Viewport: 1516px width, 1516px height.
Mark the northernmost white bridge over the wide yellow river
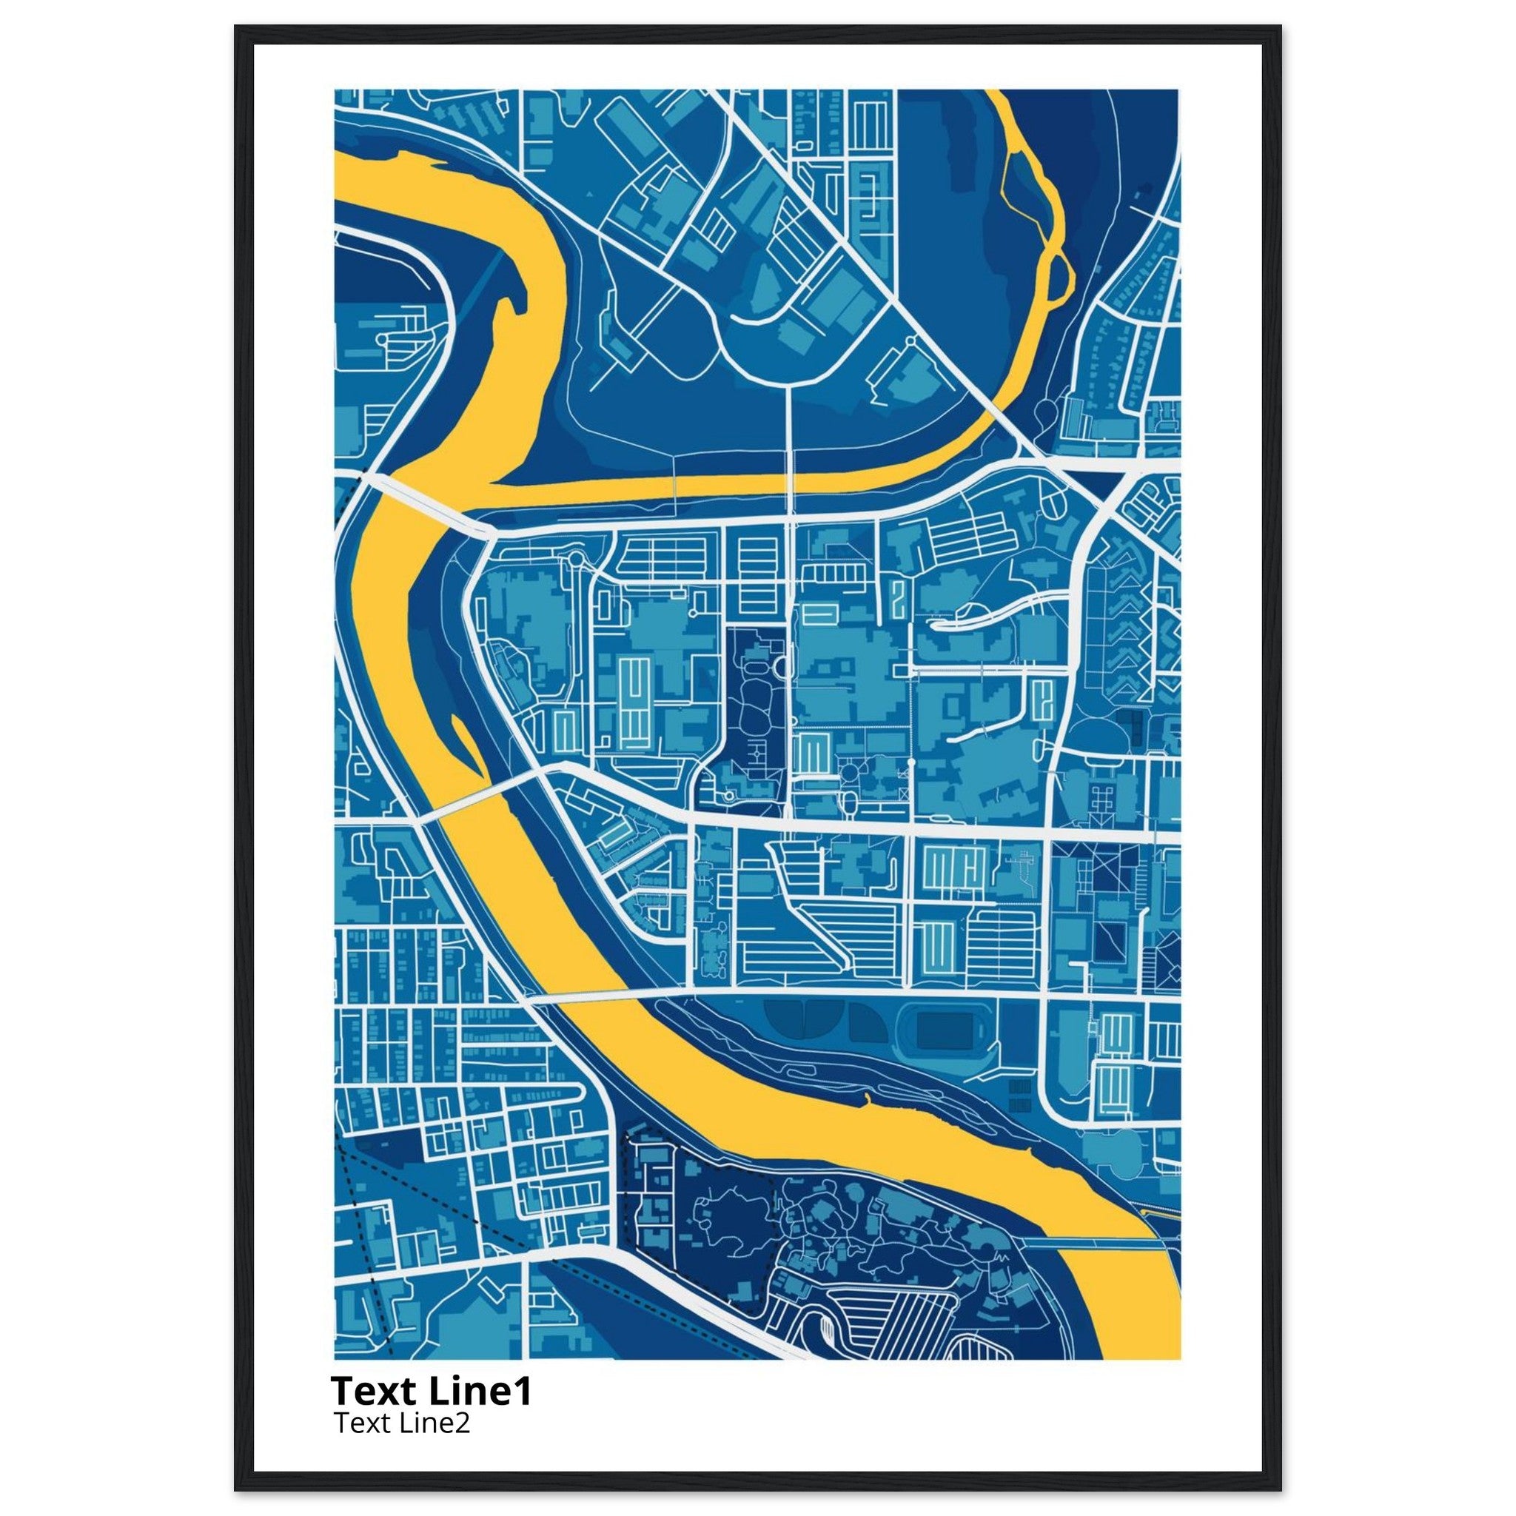(423, 502)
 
